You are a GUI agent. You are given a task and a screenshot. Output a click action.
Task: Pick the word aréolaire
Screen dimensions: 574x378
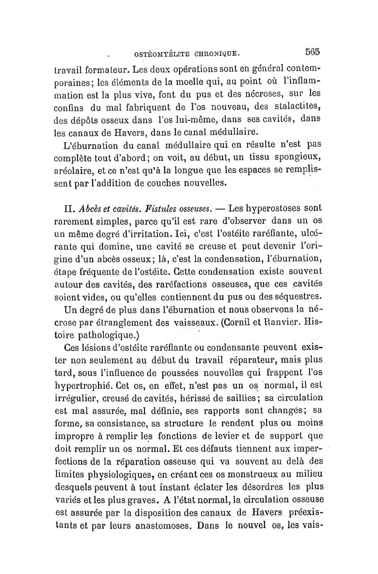[x=73, y=169]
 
